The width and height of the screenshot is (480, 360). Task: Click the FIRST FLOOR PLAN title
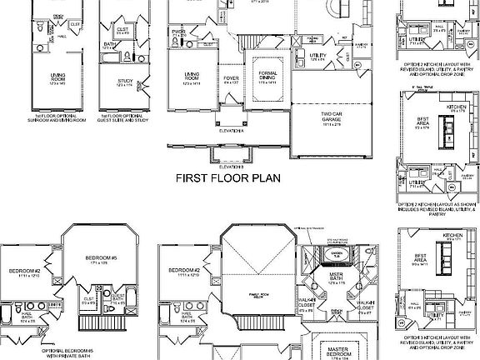[227, 177]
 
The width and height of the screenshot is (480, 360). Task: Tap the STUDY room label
[124, 82]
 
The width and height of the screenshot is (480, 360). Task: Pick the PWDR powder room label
[178, 33]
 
